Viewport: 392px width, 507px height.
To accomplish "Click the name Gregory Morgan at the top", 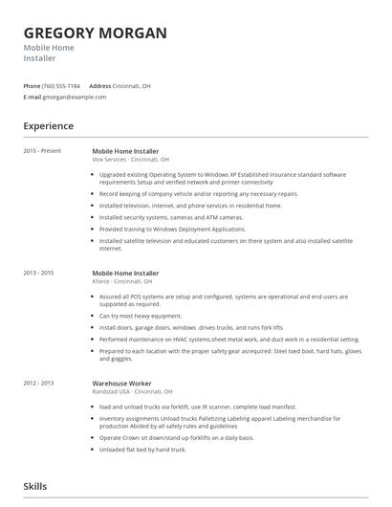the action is click(x=95, y=33).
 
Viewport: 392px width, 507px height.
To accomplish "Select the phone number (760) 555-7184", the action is click(x=61, y=86).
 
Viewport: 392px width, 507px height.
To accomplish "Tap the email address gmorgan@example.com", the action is click(x=75, y=97).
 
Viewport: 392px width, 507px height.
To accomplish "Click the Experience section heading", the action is click(x=49, y=125).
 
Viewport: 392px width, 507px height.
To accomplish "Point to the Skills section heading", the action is click(x=35, y=486).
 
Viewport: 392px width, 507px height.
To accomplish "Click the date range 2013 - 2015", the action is click(x=40, y=273).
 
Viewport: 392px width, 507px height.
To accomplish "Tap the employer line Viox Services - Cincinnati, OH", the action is click(x=130, y=160).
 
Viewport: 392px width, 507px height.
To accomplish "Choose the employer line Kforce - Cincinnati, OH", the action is click(x=122, y=281).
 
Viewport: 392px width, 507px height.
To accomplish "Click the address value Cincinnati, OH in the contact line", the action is click(x=132, y=86).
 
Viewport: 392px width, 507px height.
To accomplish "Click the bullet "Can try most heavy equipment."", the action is click(x=141, y=315).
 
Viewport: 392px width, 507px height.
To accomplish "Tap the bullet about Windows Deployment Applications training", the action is click(x=172, y=229).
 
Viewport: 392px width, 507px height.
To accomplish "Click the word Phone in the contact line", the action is click(x=32, y=86).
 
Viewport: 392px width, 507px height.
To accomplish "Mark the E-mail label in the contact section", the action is click(x=33, y=97).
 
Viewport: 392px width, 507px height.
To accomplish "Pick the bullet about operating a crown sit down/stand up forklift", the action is click(x=177, y=437).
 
